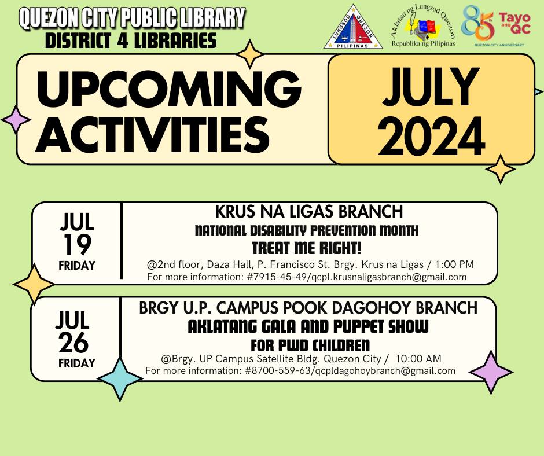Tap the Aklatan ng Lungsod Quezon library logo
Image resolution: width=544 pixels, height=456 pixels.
[x=423, y=26]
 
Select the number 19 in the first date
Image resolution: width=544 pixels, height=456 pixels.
[x=76, y=245]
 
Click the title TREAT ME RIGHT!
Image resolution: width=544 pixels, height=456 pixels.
[x=307, y=249]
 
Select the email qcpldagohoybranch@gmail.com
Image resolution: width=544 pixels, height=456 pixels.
[x=384, y=371]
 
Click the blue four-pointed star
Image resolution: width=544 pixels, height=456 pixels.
[x=120, y=378]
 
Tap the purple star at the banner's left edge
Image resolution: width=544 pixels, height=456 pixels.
[x=16, y=120]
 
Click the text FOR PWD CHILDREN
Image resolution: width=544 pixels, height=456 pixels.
[x=310, y=345]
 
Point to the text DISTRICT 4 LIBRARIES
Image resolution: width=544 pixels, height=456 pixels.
[x=131, y=41]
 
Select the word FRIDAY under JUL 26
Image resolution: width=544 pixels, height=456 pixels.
[x=77, y=363]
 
